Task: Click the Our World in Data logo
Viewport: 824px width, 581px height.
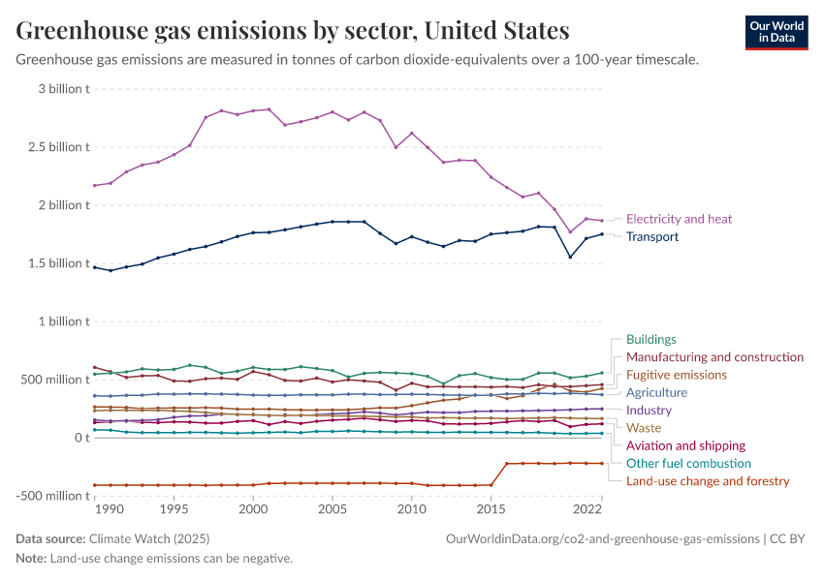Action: coord(776,32)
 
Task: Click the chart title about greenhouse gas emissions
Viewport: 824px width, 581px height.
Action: coord(293,31)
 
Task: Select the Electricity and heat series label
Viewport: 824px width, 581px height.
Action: coord(679,219)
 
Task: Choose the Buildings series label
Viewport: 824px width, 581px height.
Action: coord(651,340)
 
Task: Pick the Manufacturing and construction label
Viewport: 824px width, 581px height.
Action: coord(714,357)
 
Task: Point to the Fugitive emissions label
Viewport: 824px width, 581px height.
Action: coord(677,375)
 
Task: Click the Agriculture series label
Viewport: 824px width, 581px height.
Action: coord(656,393)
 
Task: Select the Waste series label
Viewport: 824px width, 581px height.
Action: coord(644,428)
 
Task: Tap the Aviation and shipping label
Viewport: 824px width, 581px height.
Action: coord(685,445)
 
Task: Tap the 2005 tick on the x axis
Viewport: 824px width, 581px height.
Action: coord(333,508)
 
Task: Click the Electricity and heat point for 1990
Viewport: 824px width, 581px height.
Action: coord(111,183)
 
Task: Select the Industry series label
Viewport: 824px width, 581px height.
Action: coord(649,411)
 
